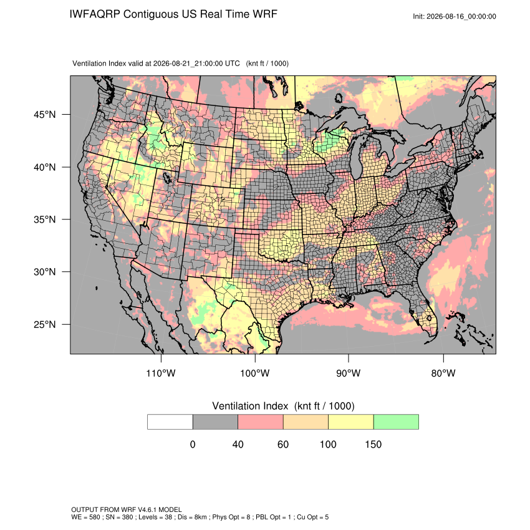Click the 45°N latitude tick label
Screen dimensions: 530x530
coord(45,115)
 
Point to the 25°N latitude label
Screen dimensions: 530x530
coord(45,324)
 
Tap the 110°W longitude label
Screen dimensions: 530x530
coord(161,373)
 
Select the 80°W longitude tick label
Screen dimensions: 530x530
coord(443,373)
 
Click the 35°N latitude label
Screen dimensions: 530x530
coord(45,219)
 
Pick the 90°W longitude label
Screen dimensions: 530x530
coord(348,373)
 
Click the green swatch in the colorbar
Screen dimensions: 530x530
coord(396,422)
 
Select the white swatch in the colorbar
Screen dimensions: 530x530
coord(170,422)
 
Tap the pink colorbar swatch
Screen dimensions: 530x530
coord(261,422)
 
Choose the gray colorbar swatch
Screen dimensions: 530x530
coord(215,422)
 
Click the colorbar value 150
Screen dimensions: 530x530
coord(373,444)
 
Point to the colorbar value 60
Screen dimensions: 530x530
coord(283,444)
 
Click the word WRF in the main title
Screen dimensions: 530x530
coord(265,14)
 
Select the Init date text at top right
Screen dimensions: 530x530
coord(455,16)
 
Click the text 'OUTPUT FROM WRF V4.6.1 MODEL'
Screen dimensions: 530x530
coord(127,509)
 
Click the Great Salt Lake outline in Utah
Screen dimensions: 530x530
coord(167,178)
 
